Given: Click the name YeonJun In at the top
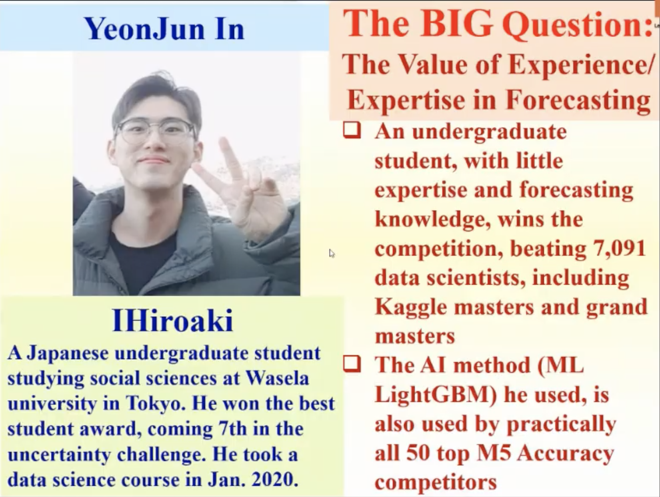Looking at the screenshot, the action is pyautogui.click(x=165, y=28).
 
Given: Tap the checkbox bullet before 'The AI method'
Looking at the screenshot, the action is pyautogui.click(x=352, y=365).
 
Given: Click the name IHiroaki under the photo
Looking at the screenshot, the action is pyautogui.click(x=172, y=320).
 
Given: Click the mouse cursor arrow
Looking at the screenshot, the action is pyautogui.click(x=332, y=253).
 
